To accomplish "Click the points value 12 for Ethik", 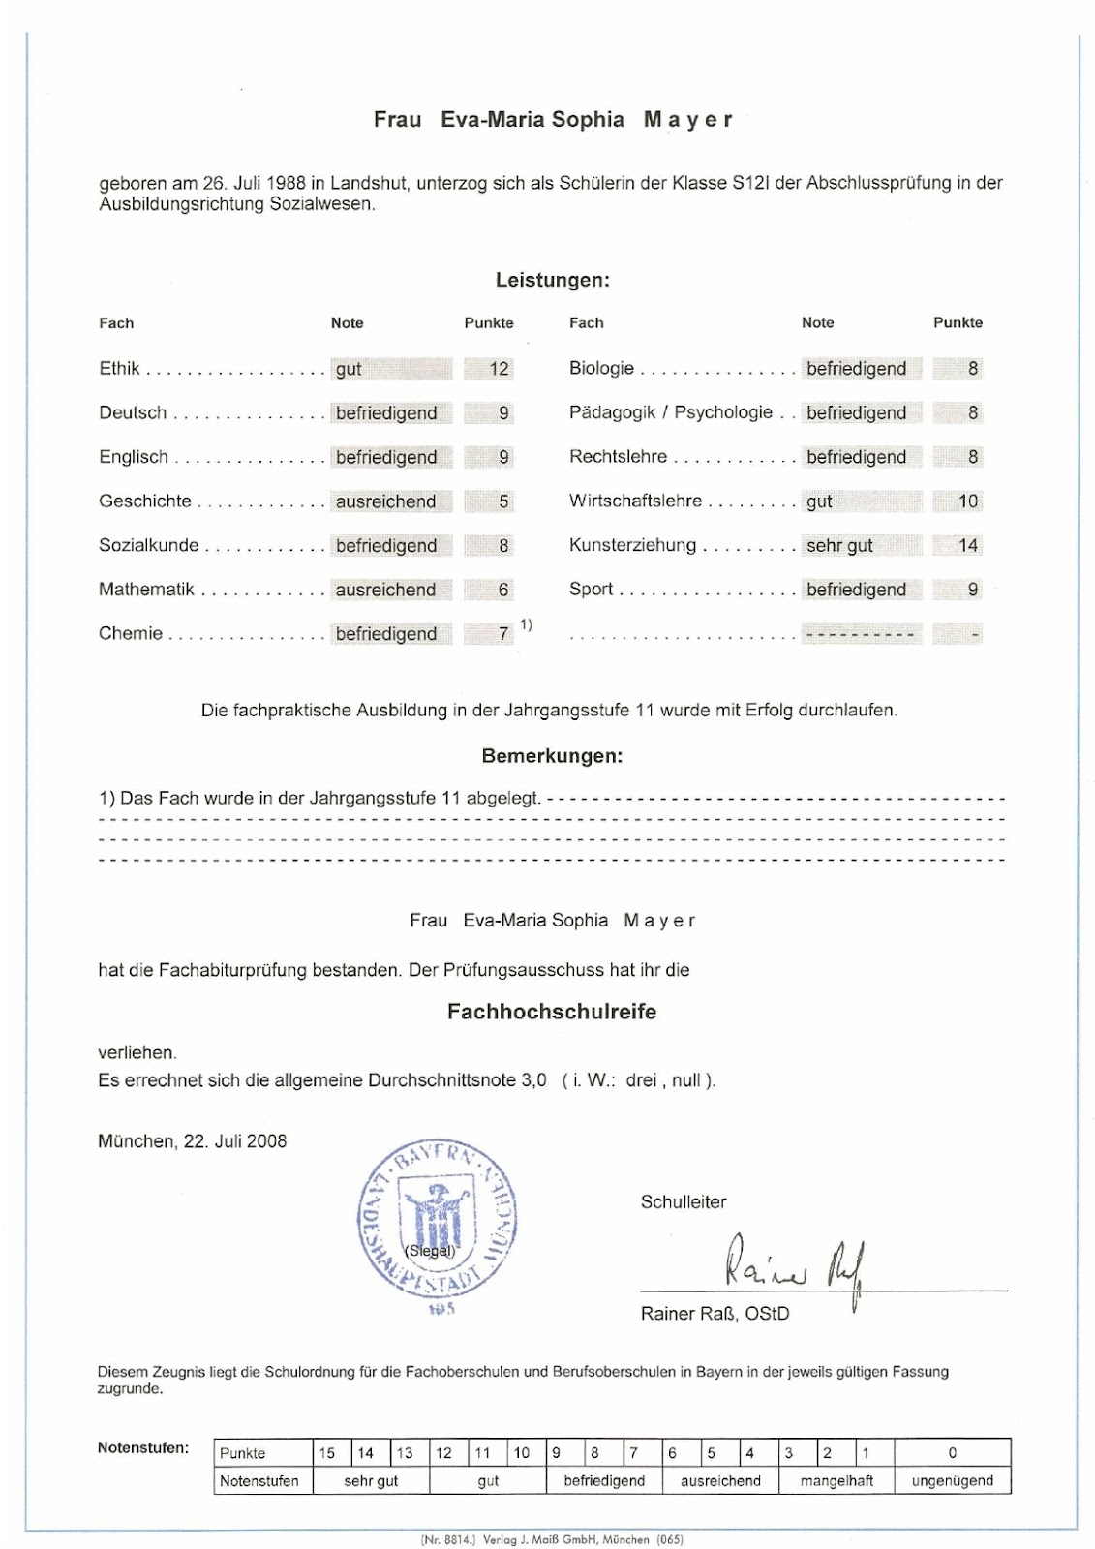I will tap(499, 369).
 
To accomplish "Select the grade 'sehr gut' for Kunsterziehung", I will tap(839, 546).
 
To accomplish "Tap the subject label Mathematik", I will tap(146, 590).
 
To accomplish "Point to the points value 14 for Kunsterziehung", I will tap(968, 546).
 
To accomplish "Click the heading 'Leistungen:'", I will tap(552, 281).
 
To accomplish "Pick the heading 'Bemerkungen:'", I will tap(552, 756).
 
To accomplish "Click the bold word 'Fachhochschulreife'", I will tap(552, 1012).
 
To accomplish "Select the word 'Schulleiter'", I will tap(684, 1202).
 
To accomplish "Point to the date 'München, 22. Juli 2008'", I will tap(193, 1141).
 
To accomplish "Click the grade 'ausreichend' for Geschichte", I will tap(385, 501).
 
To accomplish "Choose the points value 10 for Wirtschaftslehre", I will tap(968, 501).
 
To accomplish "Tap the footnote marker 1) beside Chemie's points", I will tap(526, 625).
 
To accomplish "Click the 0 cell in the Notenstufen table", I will tap(953, 1453).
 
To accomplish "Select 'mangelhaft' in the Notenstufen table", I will tap(836, 1481).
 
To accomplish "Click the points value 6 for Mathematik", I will tap(503, 590).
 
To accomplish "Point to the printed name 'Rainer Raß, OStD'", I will tap(715, 1314).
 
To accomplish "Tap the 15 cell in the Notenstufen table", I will tap(327, 1453).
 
